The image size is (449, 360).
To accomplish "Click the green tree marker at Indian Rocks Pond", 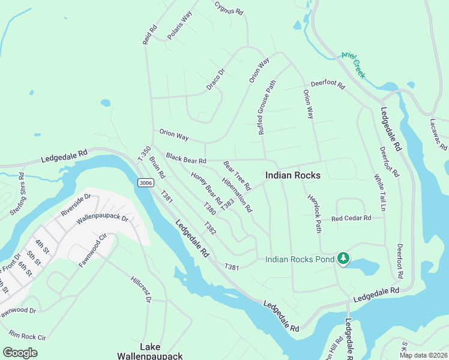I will click(343, 259).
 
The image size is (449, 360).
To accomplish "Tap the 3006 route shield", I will click(145, 182).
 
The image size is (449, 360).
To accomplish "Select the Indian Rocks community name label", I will click(293, 175).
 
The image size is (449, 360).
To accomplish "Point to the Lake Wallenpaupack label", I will click(161, 352).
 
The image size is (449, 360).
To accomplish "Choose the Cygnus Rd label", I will click(229, 8).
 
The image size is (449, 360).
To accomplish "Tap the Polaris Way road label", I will click(179, 25).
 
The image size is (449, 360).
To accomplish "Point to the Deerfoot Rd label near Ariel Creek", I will click(327, 86).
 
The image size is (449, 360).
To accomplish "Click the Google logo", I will click(20, 352).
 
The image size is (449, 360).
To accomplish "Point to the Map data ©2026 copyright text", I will click(423, 355).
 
